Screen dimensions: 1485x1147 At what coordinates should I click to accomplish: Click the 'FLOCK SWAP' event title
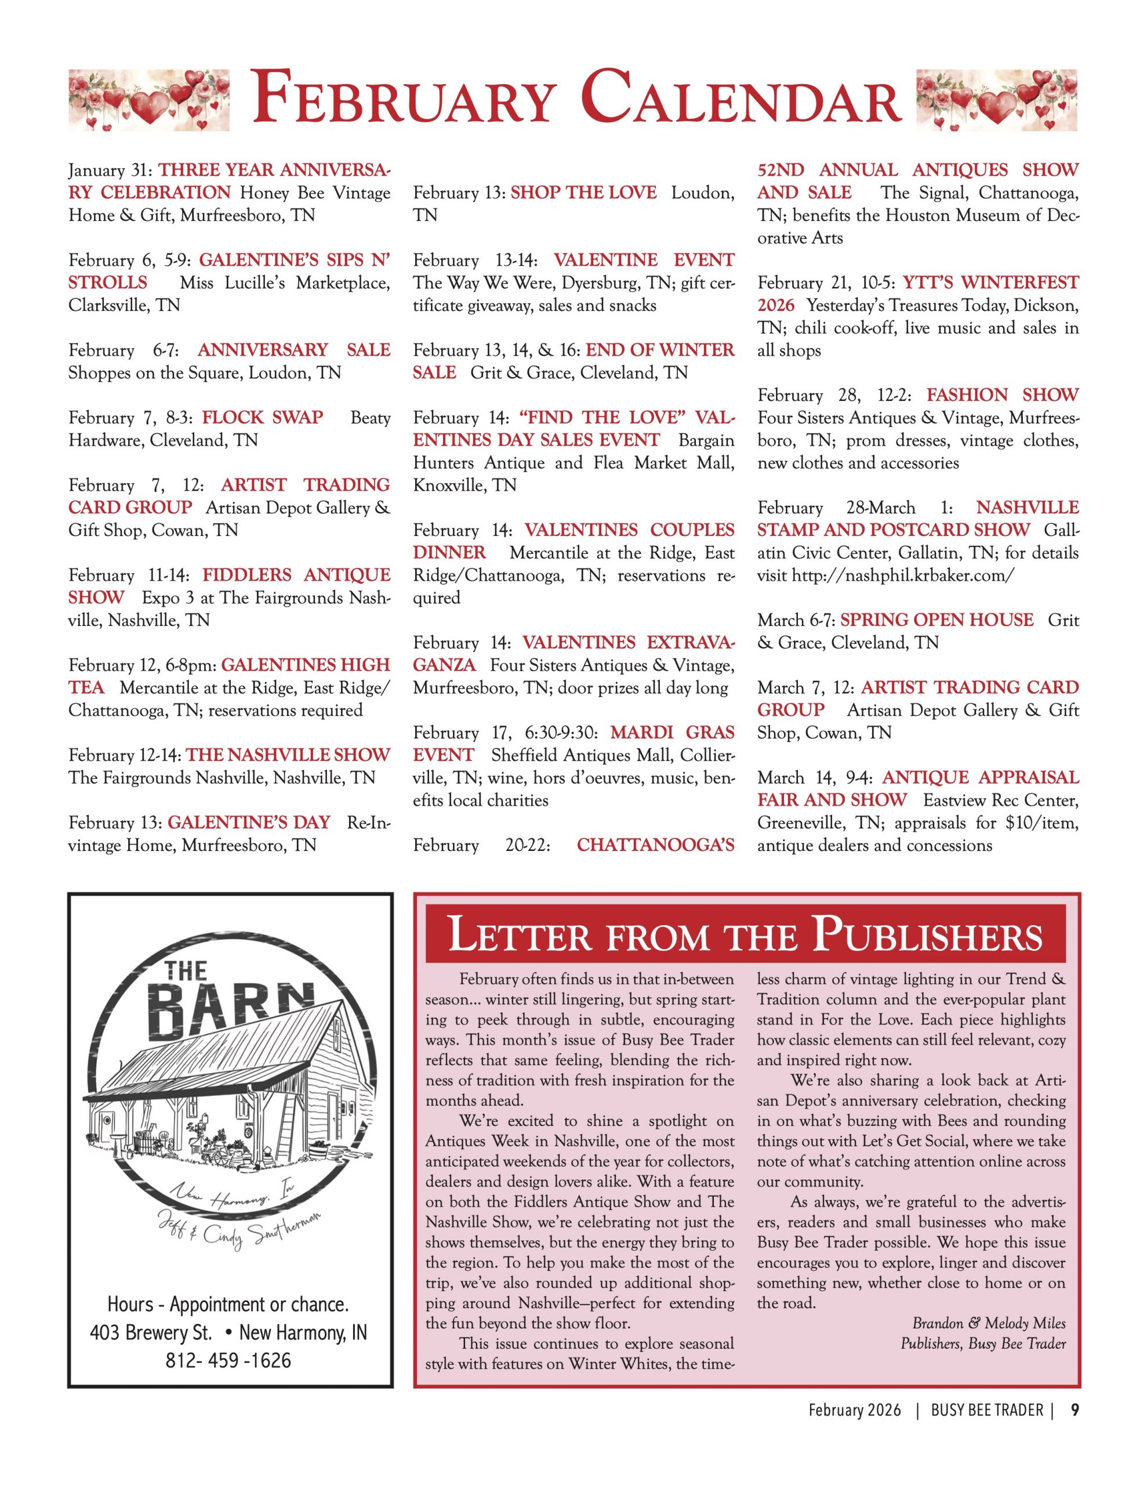(x=263, y=418)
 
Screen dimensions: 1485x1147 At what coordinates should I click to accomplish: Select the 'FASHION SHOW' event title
(x=1002, y=395)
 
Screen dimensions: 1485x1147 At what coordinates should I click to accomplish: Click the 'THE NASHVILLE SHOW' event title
(x=288, y=755)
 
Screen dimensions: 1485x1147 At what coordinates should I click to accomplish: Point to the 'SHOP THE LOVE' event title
(x=583, y=193)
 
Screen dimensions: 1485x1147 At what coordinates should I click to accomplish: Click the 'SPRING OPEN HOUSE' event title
(x=937, y=620)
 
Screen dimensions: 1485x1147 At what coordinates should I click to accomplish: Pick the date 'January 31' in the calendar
(x=109, y=170)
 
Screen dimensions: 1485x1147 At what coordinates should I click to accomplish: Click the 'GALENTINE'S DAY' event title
(x=249, y=823)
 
